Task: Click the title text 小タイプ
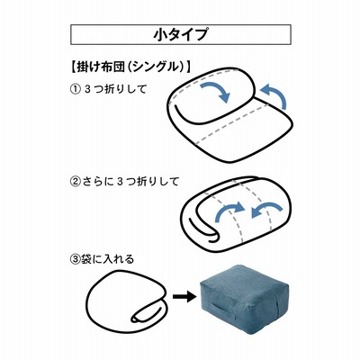click(x=180, y=34)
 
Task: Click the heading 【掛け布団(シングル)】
click(x=130, y=67)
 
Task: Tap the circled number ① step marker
click(x=75, y=89)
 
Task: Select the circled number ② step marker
click(x=75, y=182)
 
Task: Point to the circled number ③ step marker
click(x=75, y=259)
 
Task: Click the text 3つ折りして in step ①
click(x=116, y=89)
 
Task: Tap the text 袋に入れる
click(x=107, y=259)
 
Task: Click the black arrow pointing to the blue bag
click(x=183, y=297)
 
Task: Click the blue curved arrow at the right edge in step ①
click(x=274, y=95)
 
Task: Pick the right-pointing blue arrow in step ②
click(x=229, y=210)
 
